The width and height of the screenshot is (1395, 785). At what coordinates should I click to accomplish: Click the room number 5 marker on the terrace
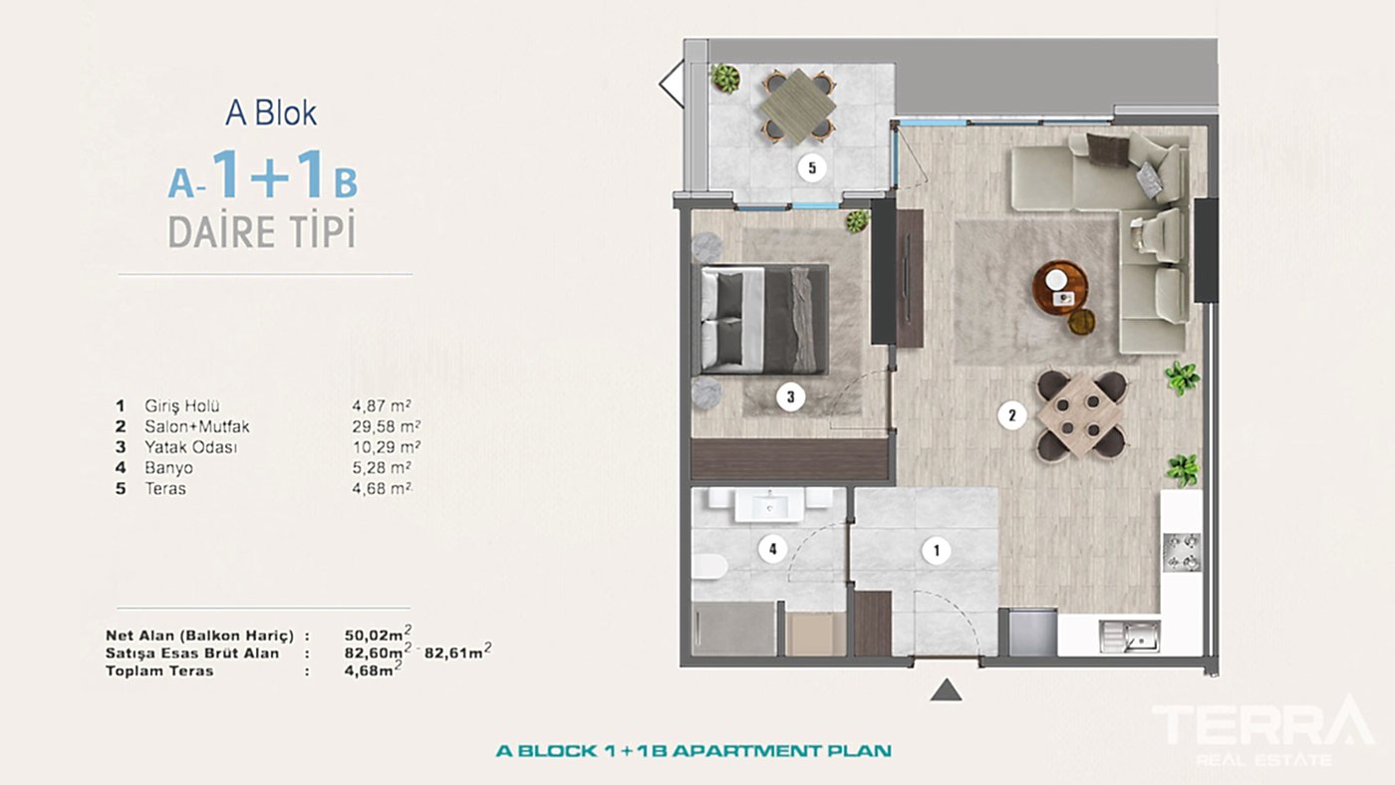point(812,168)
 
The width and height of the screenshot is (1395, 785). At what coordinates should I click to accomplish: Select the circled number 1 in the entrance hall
point(935,549)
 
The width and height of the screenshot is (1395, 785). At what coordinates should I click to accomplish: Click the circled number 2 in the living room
point(1011,416)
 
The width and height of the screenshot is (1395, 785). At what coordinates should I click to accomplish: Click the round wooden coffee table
point(1060,288)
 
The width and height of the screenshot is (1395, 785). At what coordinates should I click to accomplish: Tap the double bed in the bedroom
point(764,319)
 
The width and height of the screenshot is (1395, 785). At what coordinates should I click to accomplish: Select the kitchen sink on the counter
point(1129,635)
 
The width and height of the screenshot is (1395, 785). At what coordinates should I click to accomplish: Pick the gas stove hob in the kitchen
point(1182,553)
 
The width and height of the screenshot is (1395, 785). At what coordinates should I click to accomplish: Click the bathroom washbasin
point(769,505)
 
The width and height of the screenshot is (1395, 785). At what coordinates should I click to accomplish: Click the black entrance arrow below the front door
point(946,688)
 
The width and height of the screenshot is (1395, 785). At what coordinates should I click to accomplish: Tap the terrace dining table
point(797,105)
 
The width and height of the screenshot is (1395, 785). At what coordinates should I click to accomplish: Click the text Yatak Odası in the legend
point(190,447)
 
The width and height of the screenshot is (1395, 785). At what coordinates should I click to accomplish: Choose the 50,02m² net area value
point(373,635)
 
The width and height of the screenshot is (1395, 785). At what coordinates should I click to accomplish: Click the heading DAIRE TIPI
point(261,232)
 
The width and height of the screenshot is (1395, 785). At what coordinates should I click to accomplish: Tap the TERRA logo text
point(1261,723)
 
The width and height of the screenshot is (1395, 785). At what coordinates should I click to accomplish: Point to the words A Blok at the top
point(271,113)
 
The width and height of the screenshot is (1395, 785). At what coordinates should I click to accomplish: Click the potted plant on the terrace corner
point(726,78)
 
